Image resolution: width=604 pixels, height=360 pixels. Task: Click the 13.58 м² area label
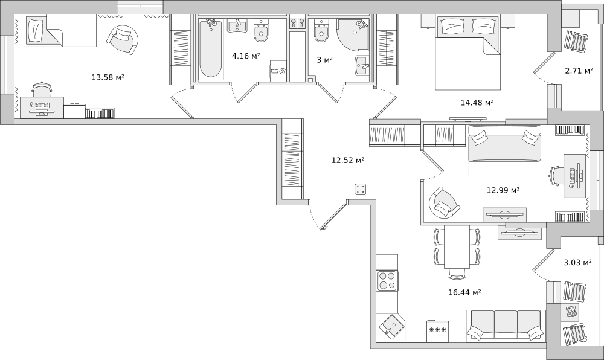[x=108, y=77]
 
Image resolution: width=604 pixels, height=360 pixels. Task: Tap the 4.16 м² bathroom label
[x=246, y=56]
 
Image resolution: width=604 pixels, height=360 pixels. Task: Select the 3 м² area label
[x=325, y=60]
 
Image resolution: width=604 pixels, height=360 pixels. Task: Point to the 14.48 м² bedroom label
[x=477, y=103]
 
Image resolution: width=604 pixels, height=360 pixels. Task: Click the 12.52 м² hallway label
[x=348, y=160]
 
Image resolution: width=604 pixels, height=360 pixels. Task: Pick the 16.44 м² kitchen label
[x=464, y=292]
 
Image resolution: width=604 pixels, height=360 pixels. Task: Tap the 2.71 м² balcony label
[x=579, y=71]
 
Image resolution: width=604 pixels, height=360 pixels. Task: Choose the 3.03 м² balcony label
[x=577, y=263]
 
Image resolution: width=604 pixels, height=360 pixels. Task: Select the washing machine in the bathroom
[x=278, y=71]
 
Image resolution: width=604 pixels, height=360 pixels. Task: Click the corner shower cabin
[x=353, y=34]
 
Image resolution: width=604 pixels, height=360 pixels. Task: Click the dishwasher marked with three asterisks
[x=437, y=332]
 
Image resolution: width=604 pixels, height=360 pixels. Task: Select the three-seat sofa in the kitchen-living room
[x=506, y=326]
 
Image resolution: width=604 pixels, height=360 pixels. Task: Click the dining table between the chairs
[x=457, y=247]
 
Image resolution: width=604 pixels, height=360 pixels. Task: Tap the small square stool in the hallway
[x=361, y=189]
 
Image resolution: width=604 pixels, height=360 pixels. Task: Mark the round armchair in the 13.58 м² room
[x=122, y=40]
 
